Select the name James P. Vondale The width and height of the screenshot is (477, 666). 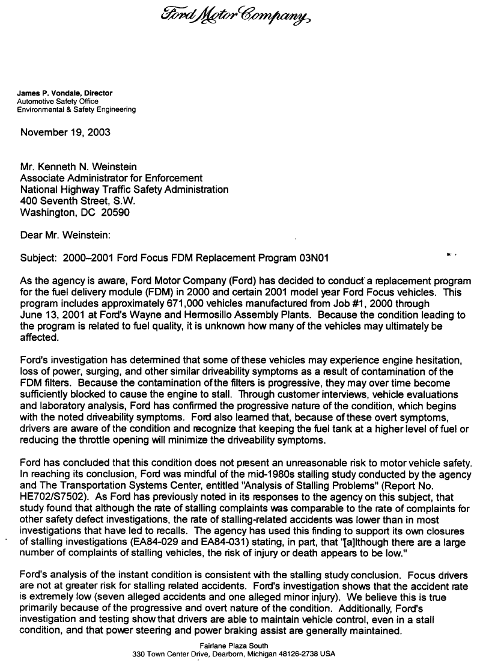tap(49, 93)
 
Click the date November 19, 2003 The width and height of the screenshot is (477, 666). tap(65, 132)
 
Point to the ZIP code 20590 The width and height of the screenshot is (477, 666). tap(115, 212)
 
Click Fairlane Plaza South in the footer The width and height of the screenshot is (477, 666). tap(233, 646)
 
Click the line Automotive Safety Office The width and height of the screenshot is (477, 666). tap(57, 102)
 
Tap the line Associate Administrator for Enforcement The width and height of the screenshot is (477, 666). tap(111, 178)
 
